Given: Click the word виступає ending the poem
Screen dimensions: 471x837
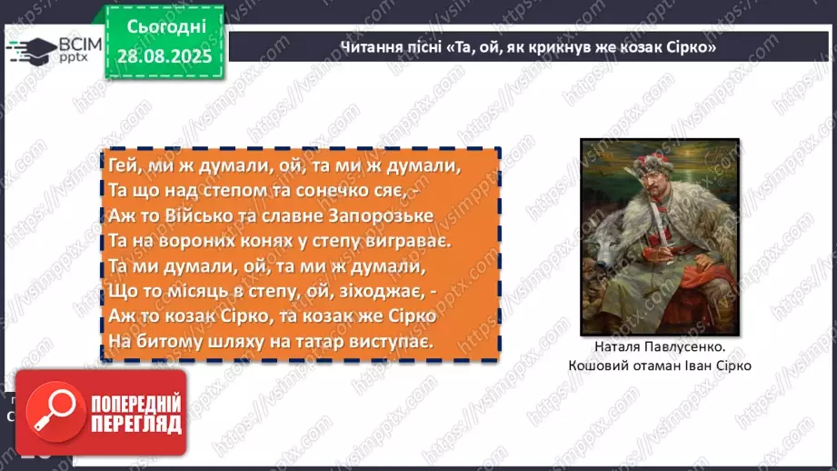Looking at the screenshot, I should (381, 341).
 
